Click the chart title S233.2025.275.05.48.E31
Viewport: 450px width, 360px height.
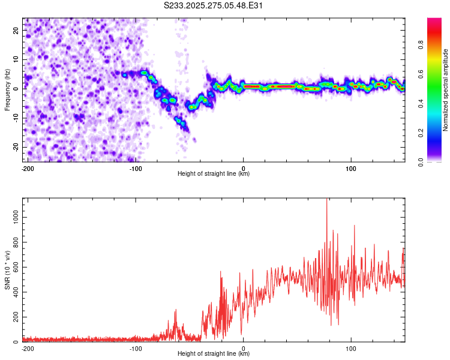point(214,5)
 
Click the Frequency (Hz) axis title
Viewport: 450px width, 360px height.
point(7,89)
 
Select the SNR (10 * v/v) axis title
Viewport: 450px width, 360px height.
point(7,269)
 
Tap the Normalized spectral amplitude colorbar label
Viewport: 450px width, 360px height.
point(446,90)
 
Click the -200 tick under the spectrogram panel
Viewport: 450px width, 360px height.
point(27,168)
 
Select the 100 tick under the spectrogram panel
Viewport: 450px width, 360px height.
point(351,168)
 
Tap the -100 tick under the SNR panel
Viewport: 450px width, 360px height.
point(136,348)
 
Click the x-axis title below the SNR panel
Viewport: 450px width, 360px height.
point(214,354)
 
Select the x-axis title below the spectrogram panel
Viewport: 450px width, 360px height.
point(214,174)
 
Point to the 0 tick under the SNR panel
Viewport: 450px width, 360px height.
point(244,348)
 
